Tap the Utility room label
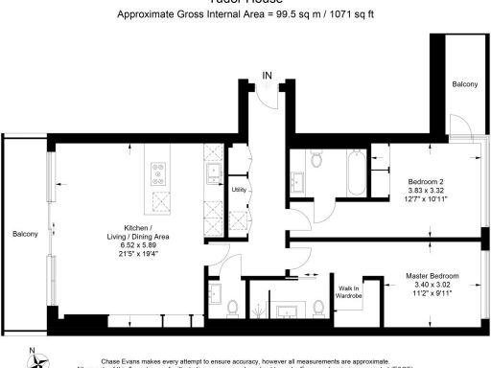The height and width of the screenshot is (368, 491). pyautogui.click(x=239, y=190)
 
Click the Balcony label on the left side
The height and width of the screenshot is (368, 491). pyautogui.click(x=25, y=235)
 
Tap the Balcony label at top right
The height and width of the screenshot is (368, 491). pyautogui.click(x=465, y=85)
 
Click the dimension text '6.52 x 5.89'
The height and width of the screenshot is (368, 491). pyautogui.click(x=137, y=246)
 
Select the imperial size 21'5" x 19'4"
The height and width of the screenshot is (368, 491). pyautogui.click(x=137, y=256)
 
